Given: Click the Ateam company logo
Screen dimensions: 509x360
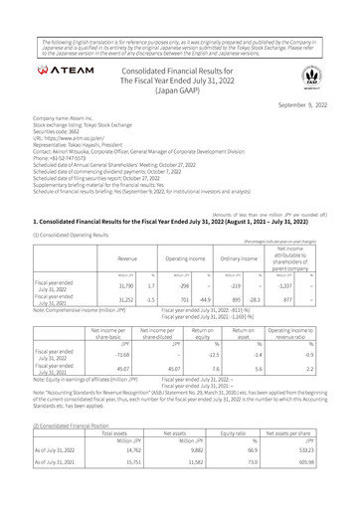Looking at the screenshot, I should (71, 74).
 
